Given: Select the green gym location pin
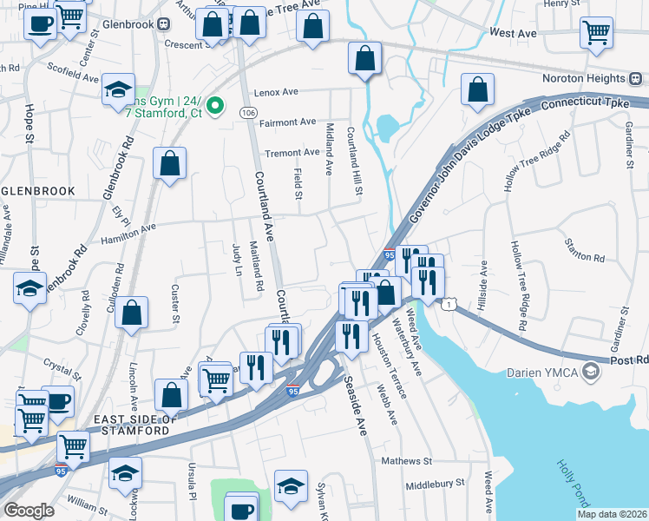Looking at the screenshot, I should (x=219, y=107).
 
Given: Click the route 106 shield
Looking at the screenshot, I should (x=248, y=113).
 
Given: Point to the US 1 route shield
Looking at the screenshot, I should (x=449, y=303).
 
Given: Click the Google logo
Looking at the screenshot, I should (x=29, y=510).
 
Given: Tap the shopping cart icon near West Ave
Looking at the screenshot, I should (x=596, y=33).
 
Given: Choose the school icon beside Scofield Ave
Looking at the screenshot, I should (x=118, y=90).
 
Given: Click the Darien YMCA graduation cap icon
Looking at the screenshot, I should (x=591, y=373).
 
